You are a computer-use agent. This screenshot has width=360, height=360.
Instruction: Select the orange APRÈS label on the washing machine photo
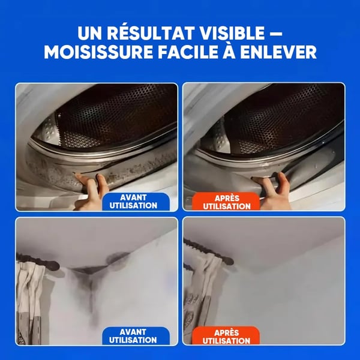point(227,201)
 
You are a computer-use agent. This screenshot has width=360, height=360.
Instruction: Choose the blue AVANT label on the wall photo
point(135,335)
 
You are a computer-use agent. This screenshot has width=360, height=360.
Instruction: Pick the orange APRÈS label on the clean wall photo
point(227,335)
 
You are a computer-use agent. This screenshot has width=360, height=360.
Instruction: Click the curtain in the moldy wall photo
point(33,300)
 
